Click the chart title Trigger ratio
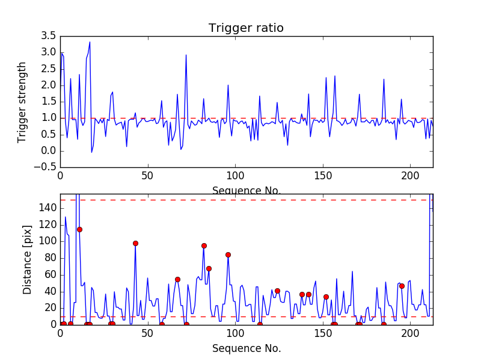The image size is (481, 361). [246, 28]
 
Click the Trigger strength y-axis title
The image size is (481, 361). [22, 102]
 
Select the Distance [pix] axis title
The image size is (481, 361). [27, 260]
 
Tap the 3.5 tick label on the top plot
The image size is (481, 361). [49, 36]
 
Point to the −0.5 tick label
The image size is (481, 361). [45, 167]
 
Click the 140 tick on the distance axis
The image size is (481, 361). [47, 208]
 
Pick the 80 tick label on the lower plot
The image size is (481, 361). [51, 258]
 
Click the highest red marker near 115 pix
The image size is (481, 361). [80, 230]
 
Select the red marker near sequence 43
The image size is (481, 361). [136, 244]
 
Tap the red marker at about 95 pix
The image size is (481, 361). [204, 246]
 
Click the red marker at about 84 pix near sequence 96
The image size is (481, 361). [228, 255]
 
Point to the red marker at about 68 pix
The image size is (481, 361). [209, 268]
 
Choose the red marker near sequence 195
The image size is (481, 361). [402, 286]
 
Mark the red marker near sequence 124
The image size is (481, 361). [278, 291]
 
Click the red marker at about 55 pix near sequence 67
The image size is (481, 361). [177, 279]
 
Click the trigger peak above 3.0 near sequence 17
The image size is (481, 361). [90, 42]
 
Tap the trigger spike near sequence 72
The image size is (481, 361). [186, 55]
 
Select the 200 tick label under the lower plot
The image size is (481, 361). [411, 333]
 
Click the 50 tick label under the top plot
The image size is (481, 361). [148, 176]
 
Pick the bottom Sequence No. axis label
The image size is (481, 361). [247, 348]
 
